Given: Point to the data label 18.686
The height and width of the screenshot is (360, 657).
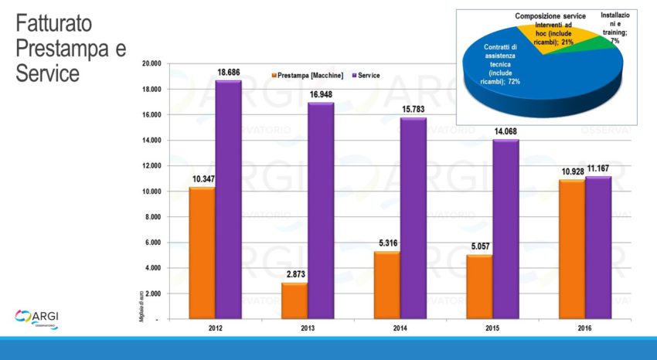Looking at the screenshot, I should click(x=228, y=72).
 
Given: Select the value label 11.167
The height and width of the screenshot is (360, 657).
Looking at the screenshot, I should click(x=598, y=168).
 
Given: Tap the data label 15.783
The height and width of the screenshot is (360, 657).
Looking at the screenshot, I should click(x=413, y=109).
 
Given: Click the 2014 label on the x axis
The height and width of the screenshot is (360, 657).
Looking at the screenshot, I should click(x=400, y=328).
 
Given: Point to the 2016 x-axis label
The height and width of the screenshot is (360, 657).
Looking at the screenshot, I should click(x=585, y=328).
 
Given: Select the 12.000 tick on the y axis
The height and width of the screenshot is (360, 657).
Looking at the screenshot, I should click(x=150, y=166).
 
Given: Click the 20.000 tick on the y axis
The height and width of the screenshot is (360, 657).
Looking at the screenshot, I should click(x=150, y=63).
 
